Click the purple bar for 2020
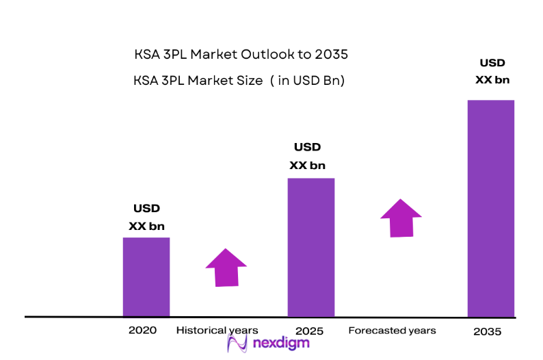146,277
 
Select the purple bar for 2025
311,247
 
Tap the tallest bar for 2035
490,208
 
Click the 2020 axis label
142,330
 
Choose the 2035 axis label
487,332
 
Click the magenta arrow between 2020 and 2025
226,268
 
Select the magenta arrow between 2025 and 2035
401,218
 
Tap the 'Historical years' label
217,330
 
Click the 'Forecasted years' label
392,331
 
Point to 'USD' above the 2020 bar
146,209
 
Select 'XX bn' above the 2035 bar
492,79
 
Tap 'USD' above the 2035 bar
492,63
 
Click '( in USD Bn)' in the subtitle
307,81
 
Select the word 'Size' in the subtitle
249,81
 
